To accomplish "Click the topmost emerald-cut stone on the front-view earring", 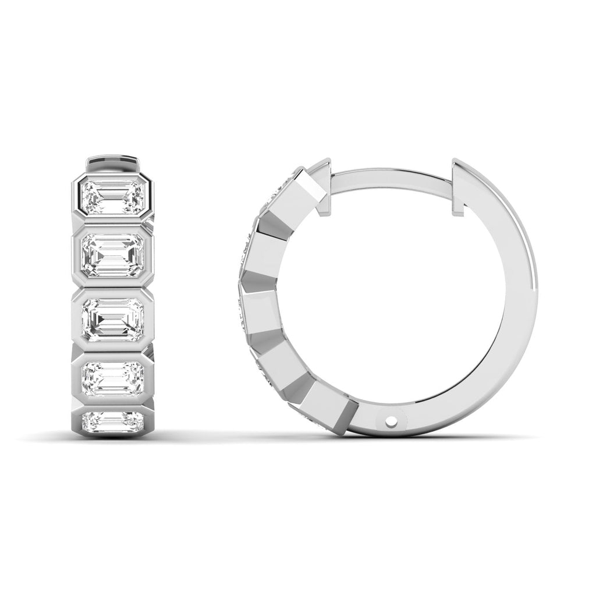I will click(x=113, y=197).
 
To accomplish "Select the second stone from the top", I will click(x=113, y=255).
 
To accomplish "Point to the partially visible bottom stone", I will click(x=113, y=420).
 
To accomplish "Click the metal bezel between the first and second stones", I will click(x=113, y=223).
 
